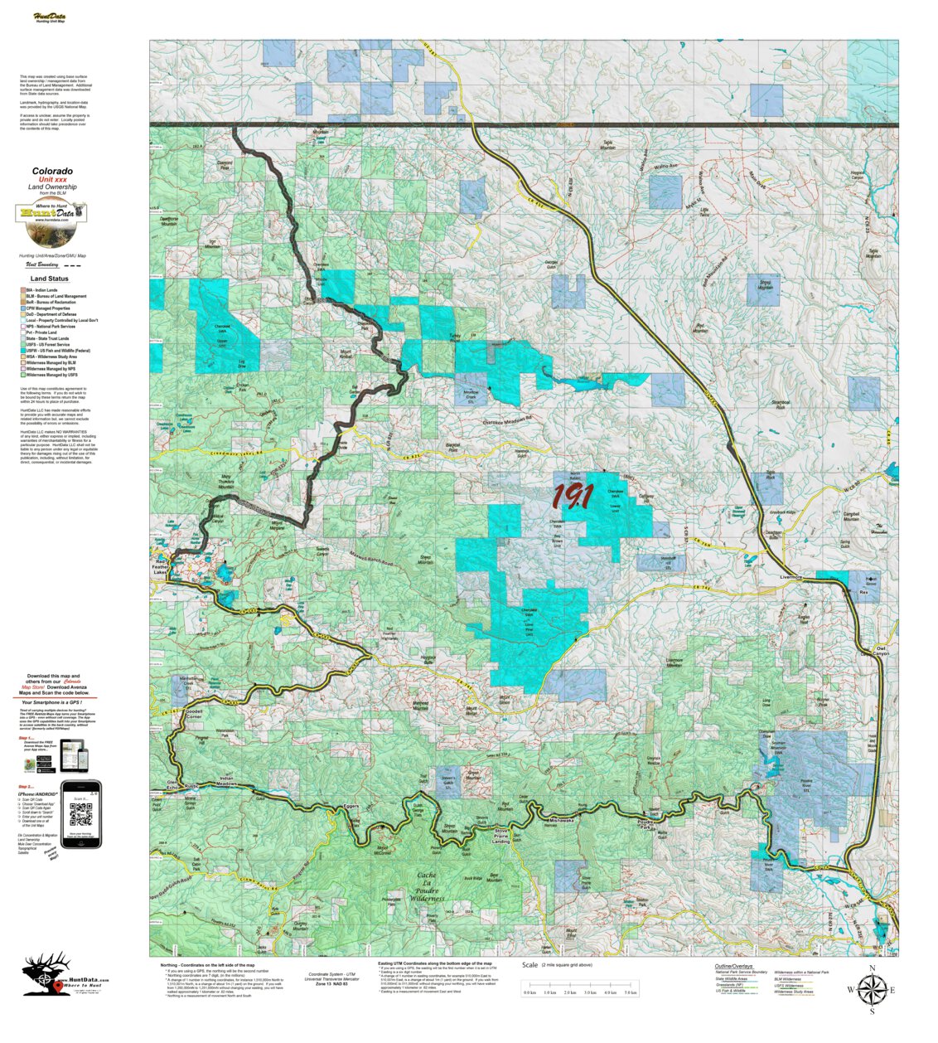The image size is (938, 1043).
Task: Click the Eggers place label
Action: click(350, 805)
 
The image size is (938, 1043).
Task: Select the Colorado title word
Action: click(52, 172)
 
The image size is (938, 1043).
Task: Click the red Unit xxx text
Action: click(52, 180)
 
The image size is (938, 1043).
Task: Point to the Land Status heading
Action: click(50, 279)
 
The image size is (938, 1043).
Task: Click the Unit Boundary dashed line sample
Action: click(74, 266)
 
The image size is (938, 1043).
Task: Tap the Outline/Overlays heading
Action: click(733, 966)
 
